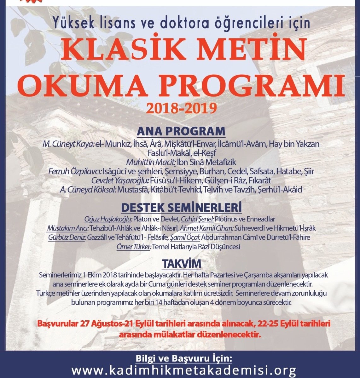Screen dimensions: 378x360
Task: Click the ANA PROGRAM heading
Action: click(181, 131)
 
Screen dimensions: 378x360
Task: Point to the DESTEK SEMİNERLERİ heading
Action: click(181, 208)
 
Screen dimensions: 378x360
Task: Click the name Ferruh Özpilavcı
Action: click(75, 172)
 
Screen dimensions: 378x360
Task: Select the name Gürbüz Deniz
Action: click(67, 238)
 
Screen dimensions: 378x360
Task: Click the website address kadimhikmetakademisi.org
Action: click(184, 369)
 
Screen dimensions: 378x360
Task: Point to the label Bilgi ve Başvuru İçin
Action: click(184, 358)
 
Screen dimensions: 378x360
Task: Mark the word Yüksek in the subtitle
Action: click(69, 23)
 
